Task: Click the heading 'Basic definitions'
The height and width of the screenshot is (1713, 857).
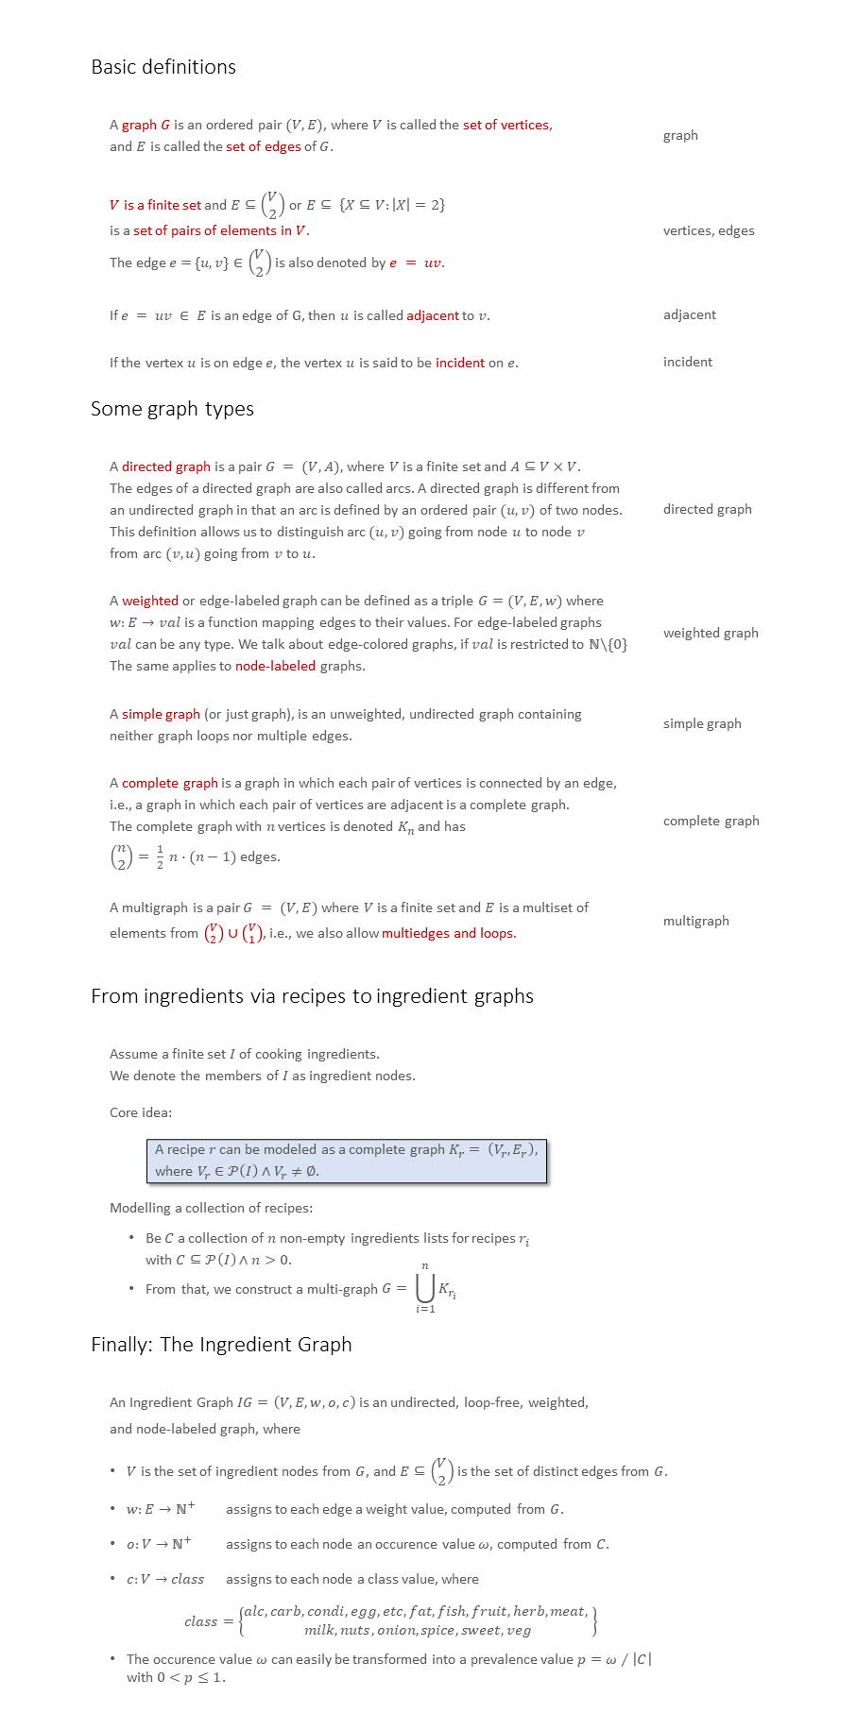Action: pos(163,67)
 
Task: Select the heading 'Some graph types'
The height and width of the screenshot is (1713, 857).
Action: pos(172,409)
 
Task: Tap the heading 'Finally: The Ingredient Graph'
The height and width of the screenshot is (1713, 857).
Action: pos(221,1345)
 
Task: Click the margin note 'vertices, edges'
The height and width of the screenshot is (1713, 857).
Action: pos(709,230)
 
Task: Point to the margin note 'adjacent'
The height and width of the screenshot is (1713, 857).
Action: pos(690,314)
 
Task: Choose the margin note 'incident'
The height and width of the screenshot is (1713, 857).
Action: pos(688,362)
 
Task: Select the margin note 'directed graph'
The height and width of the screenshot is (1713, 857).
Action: pos(708,509)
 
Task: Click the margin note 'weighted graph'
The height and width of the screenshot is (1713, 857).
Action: pos(711,633)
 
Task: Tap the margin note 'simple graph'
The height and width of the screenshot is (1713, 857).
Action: pos(702,723)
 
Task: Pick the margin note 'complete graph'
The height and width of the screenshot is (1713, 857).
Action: pos(711,821)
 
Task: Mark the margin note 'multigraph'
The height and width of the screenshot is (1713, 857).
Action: pos(696,921)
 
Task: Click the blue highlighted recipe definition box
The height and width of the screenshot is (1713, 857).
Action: pos(347,1161)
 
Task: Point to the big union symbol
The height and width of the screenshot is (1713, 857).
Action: pos(425,1288)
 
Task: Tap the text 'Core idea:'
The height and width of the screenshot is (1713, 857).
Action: pos(141,1112)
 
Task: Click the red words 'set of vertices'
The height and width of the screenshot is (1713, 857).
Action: pos(506,125)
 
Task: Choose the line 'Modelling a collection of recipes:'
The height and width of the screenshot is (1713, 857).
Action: pos(211,1208)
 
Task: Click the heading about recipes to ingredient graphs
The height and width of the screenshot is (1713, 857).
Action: pos(312,996)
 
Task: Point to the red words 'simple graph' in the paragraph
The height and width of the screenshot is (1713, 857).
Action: pos(161,714)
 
